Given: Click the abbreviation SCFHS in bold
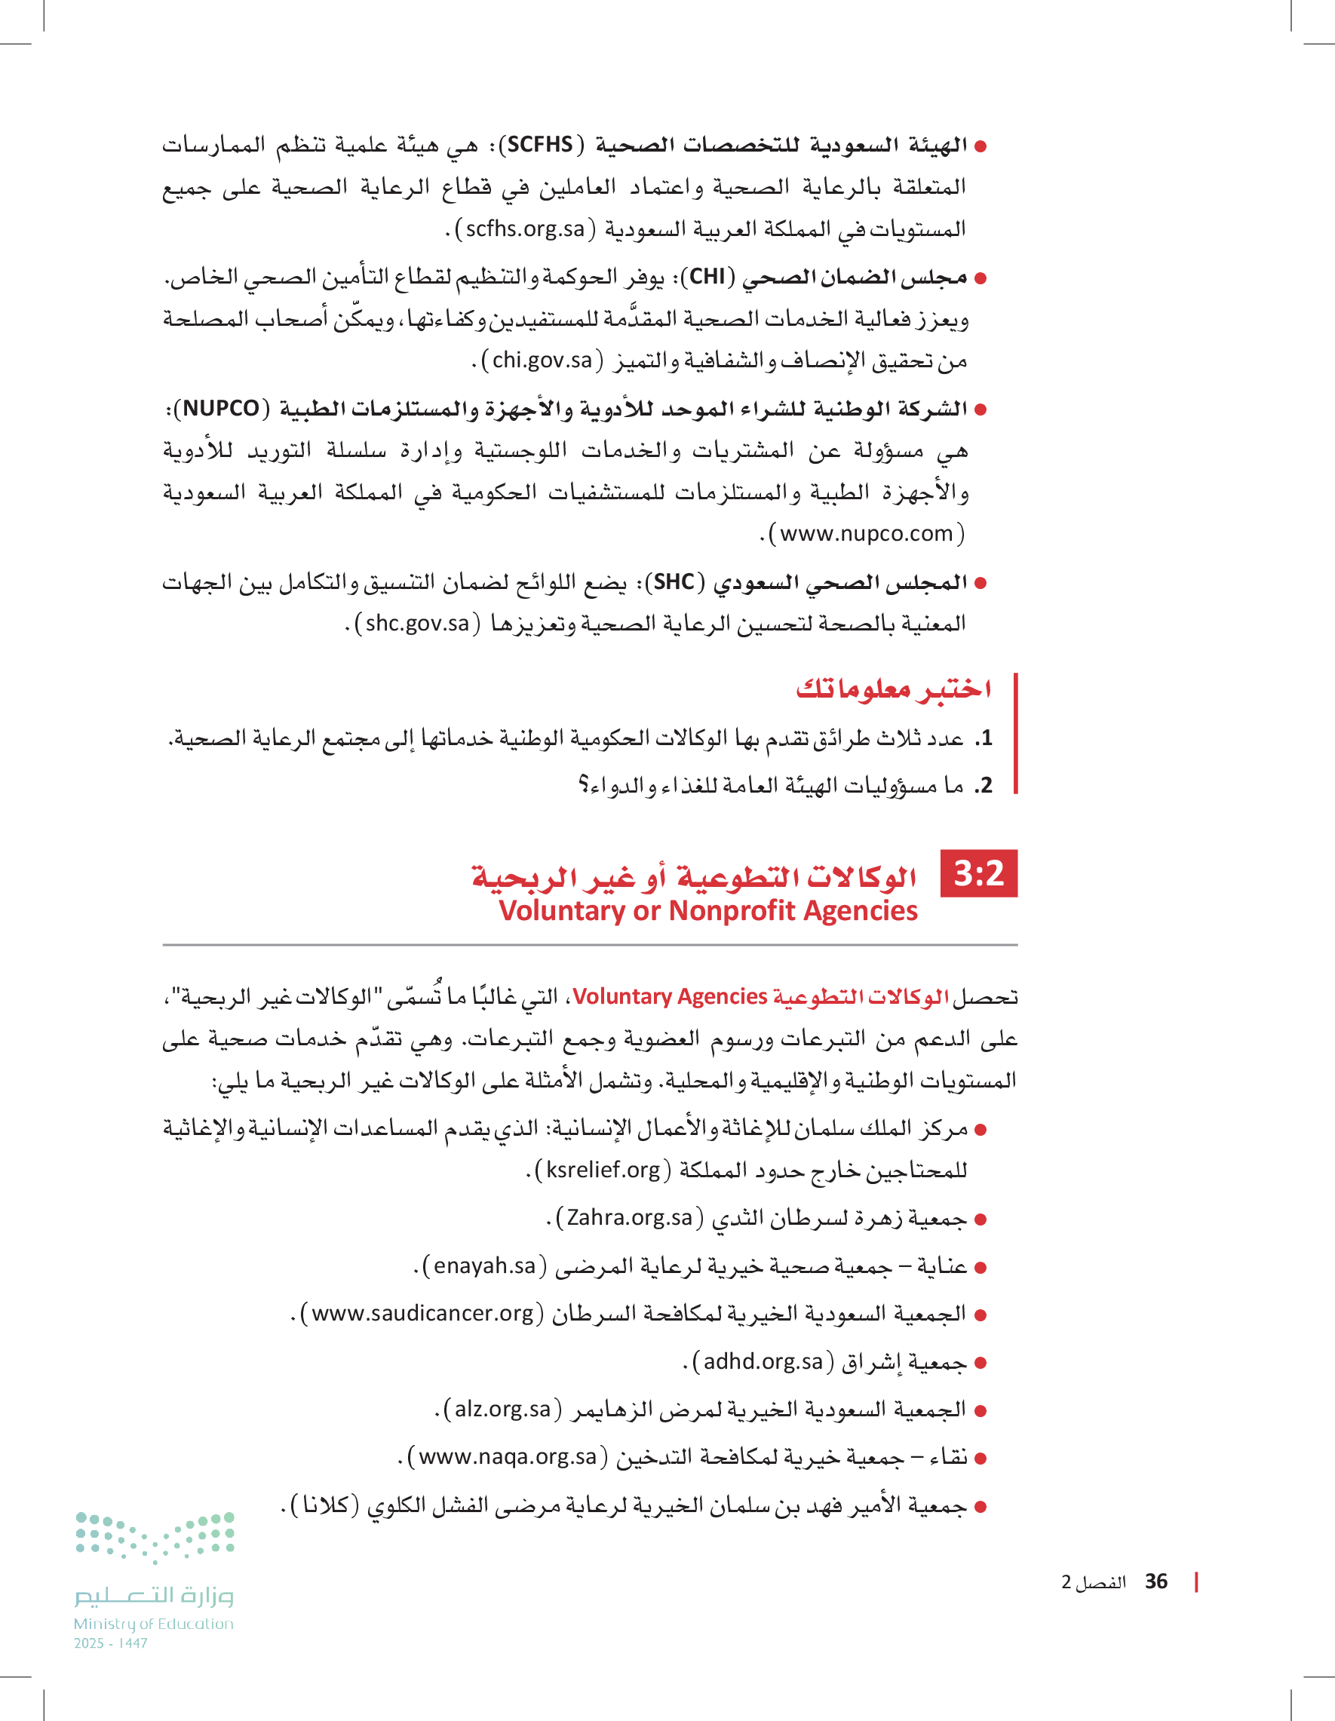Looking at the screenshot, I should point(540,145).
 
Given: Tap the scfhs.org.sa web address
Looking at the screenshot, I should point(525,229).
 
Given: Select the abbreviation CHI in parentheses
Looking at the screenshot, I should point(707,277).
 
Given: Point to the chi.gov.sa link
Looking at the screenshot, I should point(542,361).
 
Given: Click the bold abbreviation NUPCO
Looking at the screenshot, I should point(221,408).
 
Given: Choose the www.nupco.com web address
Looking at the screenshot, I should point(866,534).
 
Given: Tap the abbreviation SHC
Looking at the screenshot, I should point(674,582).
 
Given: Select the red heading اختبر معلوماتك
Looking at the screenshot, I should point(893,689).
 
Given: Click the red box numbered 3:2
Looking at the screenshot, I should point(979,873).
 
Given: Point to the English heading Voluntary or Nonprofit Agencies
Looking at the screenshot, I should point(707,911).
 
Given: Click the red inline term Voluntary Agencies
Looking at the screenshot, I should point(670,997).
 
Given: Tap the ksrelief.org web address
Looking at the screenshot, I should point(603,1170).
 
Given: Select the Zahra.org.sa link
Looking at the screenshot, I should point(629,1218).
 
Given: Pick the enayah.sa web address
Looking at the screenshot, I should point(484,1266).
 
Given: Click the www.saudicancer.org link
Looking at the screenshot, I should point(422,1314).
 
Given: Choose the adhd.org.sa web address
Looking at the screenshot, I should point(762,1362).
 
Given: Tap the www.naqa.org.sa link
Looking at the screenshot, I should point(507,1457).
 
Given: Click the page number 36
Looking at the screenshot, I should point(1156,1581).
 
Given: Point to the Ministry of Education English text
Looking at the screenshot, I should point(154,1624).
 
